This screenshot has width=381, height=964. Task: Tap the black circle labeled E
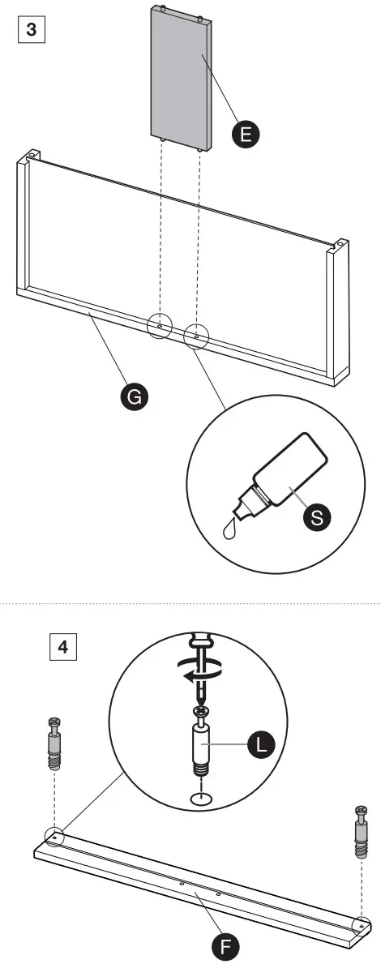[x=246, y=134]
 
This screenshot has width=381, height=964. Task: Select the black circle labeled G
[x=133, y=396]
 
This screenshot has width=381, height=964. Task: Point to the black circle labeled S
[x=316, y=519]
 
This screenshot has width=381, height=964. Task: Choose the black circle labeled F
[x=227, y=945]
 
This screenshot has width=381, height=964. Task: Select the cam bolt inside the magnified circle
[x=199, y=742]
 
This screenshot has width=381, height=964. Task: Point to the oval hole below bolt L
[x=199, y=800]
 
